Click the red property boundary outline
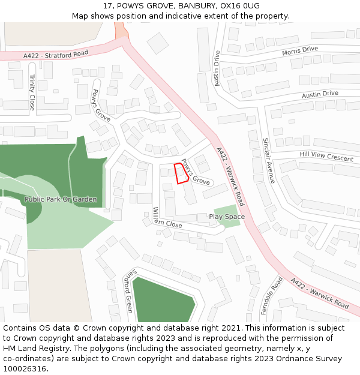[x=181, y=173]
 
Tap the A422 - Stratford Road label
[x=56, y=55]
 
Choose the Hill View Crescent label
[x=326, y=157]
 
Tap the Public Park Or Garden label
[x=61, y=199]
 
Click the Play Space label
[x=227, y=217]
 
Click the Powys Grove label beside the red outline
[x=196, y=172]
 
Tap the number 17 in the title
[x=108, y=5]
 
